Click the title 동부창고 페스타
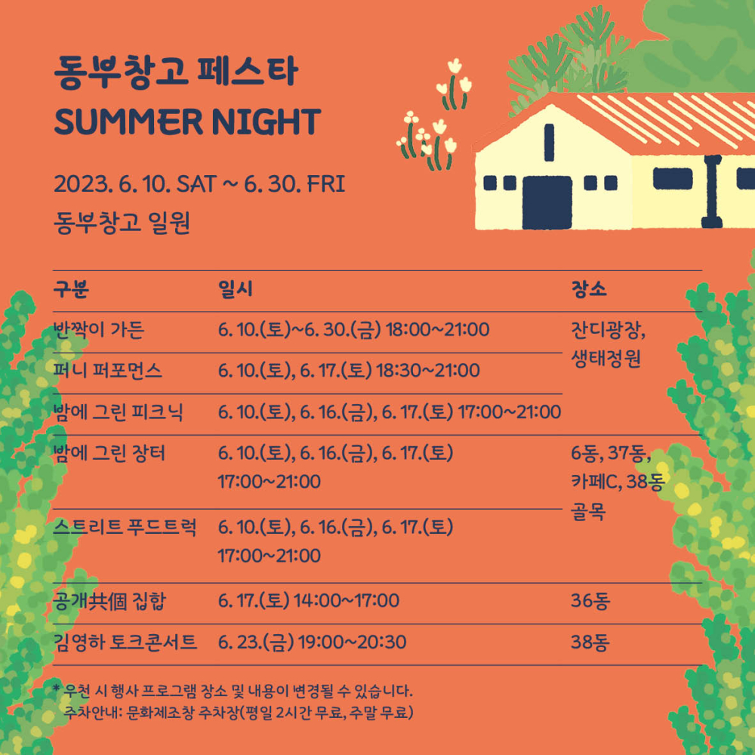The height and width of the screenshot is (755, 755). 176,72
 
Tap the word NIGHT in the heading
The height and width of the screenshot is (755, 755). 267,122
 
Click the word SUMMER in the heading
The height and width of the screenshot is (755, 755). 128,122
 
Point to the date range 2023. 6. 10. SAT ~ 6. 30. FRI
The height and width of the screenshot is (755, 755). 199,184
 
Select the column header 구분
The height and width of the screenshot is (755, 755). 71,289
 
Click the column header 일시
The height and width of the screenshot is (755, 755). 235,289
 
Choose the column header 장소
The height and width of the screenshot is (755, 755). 588,289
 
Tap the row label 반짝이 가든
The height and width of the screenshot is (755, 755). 99,330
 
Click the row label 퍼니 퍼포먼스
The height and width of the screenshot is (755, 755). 107,371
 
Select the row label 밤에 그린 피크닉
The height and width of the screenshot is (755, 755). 118,412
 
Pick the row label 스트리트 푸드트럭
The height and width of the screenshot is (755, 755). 125,527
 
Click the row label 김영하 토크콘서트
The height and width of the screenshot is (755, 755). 125,642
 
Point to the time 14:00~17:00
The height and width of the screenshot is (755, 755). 347,601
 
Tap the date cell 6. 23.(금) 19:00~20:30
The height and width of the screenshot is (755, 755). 312,642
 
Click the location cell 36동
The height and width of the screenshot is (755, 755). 590,601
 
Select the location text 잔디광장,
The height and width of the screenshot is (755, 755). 608,330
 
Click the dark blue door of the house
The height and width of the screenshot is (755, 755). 547,202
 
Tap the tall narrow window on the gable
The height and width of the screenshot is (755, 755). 549,142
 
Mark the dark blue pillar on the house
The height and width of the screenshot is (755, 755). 712,191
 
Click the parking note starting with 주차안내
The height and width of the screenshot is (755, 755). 239,712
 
